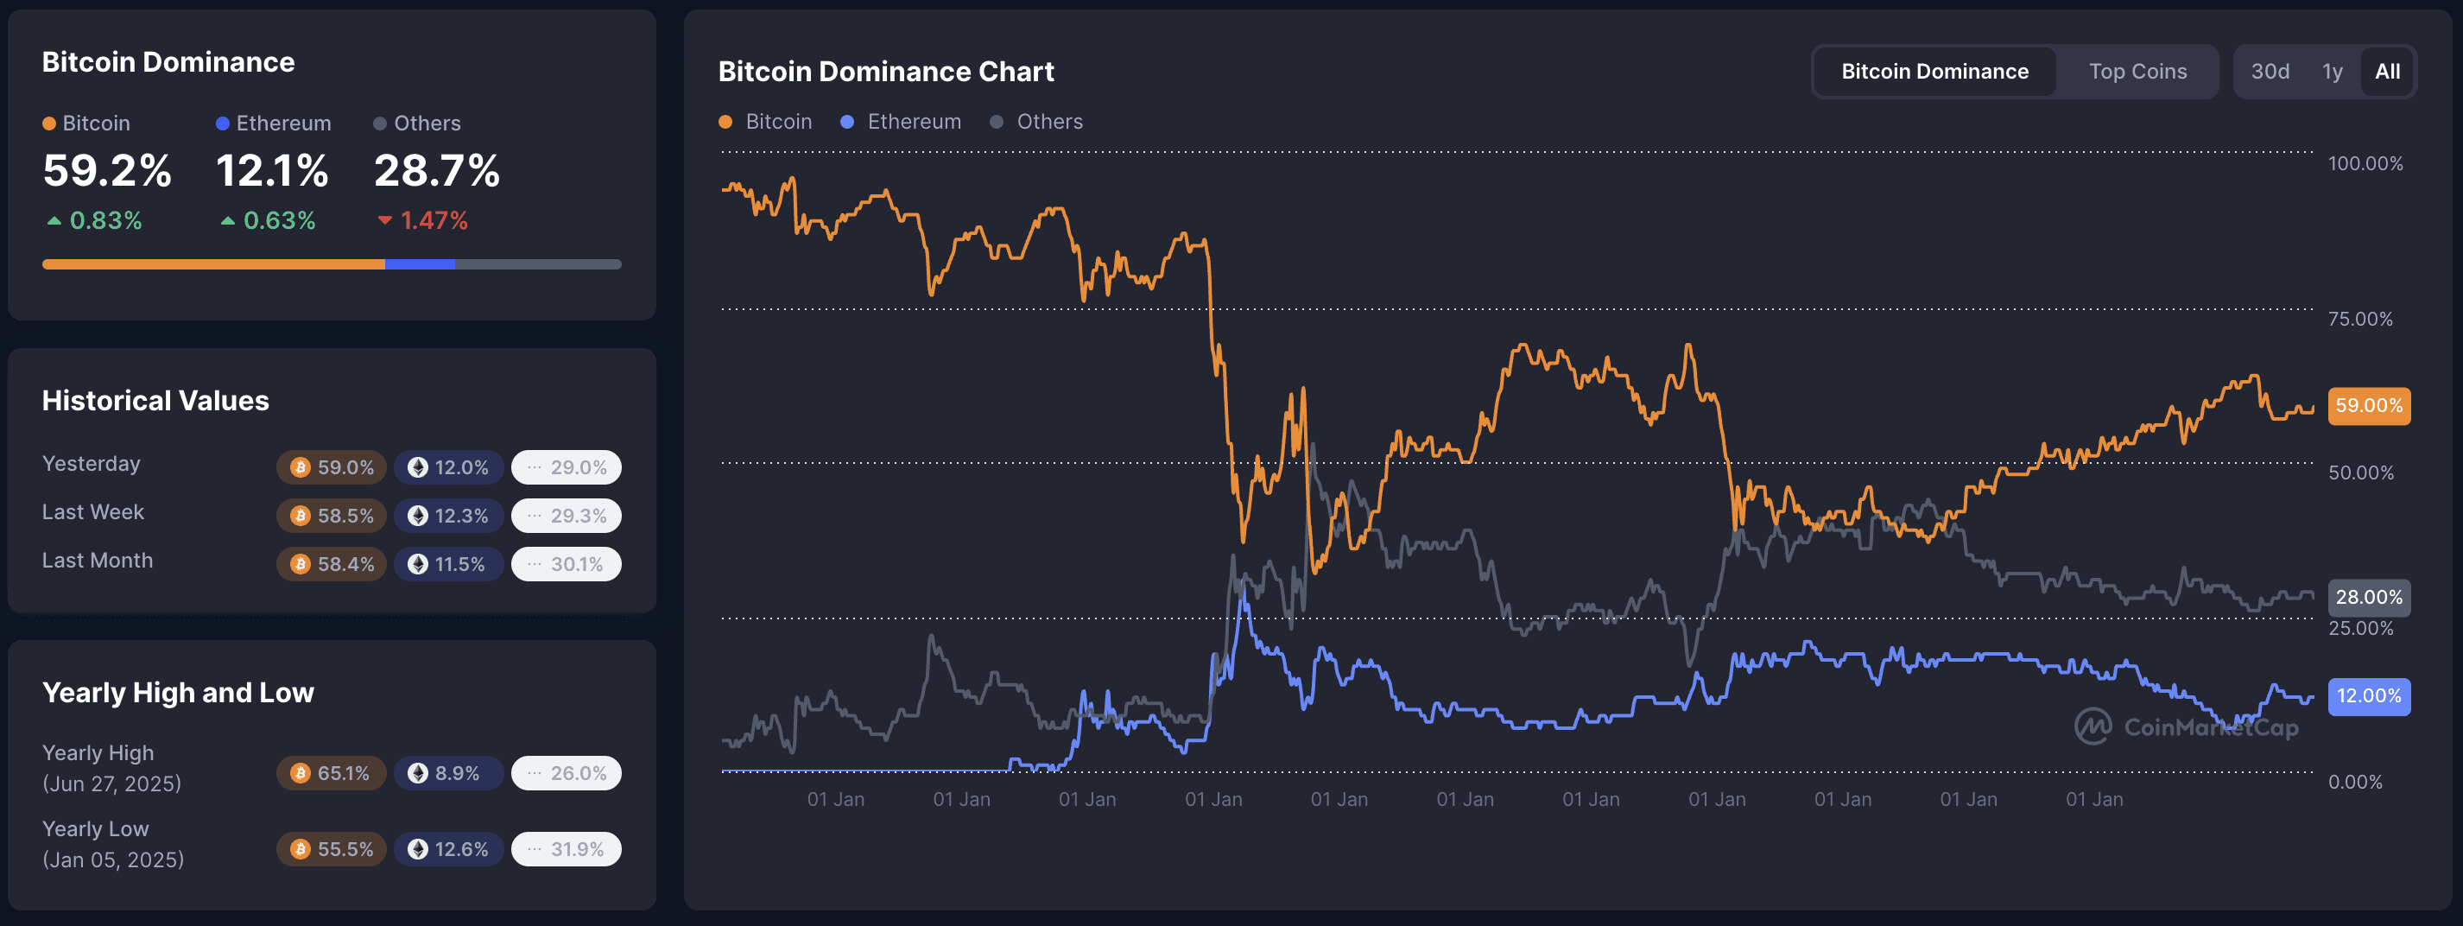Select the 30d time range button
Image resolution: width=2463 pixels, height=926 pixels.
tap(2269, 72)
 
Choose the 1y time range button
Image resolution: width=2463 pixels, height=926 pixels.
tap(2332, 72)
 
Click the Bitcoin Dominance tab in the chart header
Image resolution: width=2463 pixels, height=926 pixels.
tap(1934, 72)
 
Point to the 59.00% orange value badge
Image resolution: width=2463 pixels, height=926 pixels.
tap(2367, 406)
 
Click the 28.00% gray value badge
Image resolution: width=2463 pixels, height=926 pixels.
tap(2367, 597)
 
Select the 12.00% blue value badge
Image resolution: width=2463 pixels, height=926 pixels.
tap(2367, 695)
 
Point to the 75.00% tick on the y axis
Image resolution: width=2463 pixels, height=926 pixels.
tap(2359, 319)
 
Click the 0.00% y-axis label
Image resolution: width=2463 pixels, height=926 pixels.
tap(2354, 782)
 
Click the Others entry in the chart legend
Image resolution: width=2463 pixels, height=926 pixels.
tap(1037, 122)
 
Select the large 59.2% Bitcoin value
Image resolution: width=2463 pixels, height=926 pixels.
tap(107, 171)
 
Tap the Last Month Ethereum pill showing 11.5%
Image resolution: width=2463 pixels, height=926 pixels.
tap(447, 564)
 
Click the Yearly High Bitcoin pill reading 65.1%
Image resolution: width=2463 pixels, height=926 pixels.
tap(331, 773)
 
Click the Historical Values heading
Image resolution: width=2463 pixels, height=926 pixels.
tap(155, 401)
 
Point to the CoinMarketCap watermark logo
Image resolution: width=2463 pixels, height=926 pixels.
tap(2186, 727)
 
